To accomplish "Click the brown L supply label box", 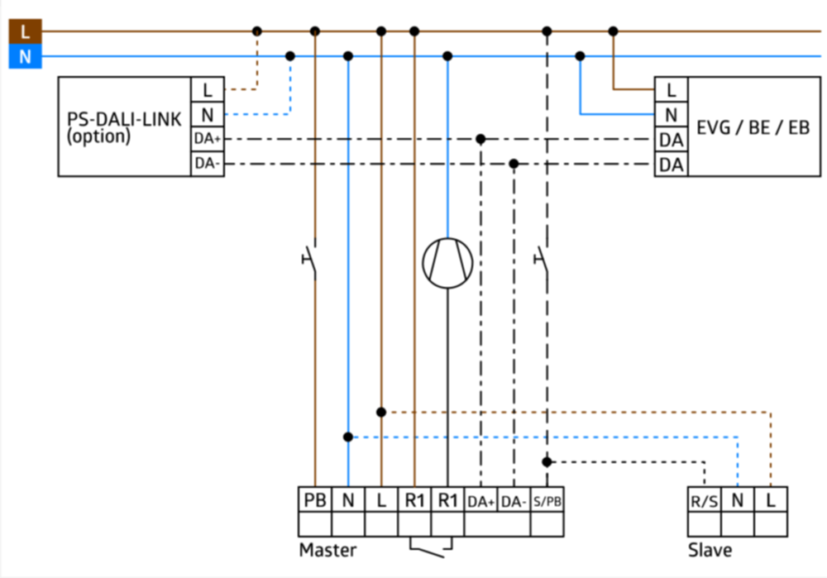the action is pos(26,31).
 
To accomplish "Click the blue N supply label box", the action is pos(26,56).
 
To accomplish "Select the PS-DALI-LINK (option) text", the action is pos(124,127).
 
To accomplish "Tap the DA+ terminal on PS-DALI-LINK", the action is pos(208,139).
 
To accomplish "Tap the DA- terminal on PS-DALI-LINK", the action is pos(208,164).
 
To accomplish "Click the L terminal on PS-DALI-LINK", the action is pos(208,89).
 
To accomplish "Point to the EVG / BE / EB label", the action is pos(753,127).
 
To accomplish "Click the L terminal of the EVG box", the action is pos(672,89).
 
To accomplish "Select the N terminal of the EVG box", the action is pos(672,114).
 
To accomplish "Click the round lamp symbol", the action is pos(447,263).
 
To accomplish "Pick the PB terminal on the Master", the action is pos(315,499).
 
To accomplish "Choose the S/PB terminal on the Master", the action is pos(547,499).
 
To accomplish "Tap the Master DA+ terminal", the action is pos(481,499).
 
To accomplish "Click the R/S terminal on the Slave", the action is pos(705,499).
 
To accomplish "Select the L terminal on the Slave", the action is pos(771,499).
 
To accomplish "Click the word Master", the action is pos(327,550).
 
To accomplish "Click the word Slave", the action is pos(710,550).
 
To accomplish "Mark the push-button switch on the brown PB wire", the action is pos(310,260).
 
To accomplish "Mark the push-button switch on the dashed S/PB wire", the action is pos(543,260).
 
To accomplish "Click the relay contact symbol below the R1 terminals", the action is pos(431,547).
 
